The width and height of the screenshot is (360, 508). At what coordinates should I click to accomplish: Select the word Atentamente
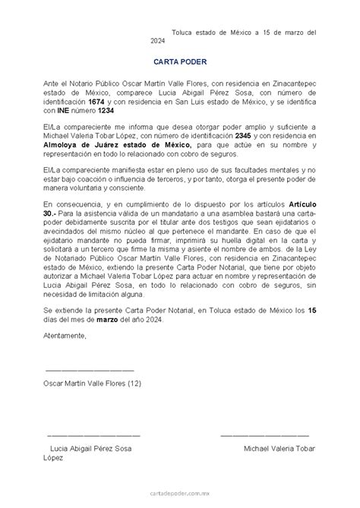tap(65, 335)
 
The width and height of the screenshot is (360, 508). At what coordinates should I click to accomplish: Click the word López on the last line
tap(54, 459)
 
